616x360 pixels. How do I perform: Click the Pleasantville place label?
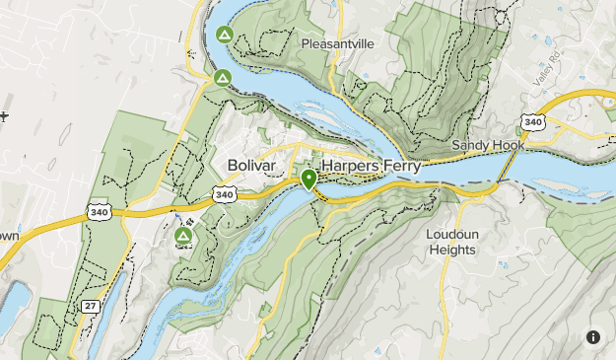click(x=338, y=44)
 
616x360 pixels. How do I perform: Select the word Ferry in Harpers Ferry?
click(x=404, y=167)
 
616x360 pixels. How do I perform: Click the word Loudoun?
click(x=451, y=235)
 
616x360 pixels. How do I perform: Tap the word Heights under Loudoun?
click(x=451, y=251)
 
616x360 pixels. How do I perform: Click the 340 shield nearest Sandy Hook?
click(x=533, y=122)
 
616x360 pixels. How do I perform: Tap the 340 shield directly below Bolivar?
click(x=225, y=195)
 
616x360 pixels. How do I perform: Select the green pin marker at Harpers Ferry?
click(x=308, y=180)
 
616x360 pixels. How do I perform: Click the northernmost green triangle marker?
click(x=224, y=36)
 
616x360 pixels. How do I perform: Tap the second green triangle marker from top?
click(x=223, y=77)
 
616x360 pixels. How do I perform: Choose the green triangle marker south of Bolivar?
click(x=183, y=237)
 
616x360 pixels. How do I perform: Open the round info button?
click(x=593, y=337)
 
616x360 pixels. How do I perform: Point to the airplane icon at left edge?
click(x=4, y=116)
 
